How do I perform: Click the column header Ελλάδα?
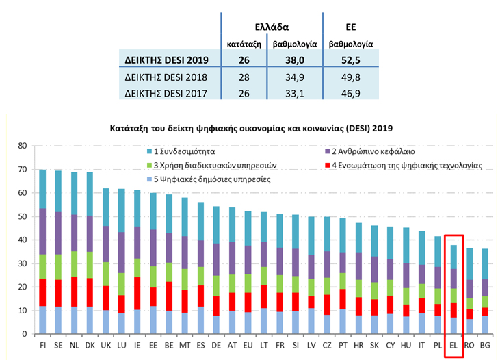coord(272,27)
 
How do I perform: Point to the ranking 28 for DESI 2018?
coord(244,76)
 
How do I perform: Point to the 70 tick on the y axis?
coord(22,170)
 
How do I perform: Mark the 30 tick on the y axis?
coord(22,263)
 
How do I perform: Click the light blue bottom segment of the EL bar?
coord(454,325)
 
